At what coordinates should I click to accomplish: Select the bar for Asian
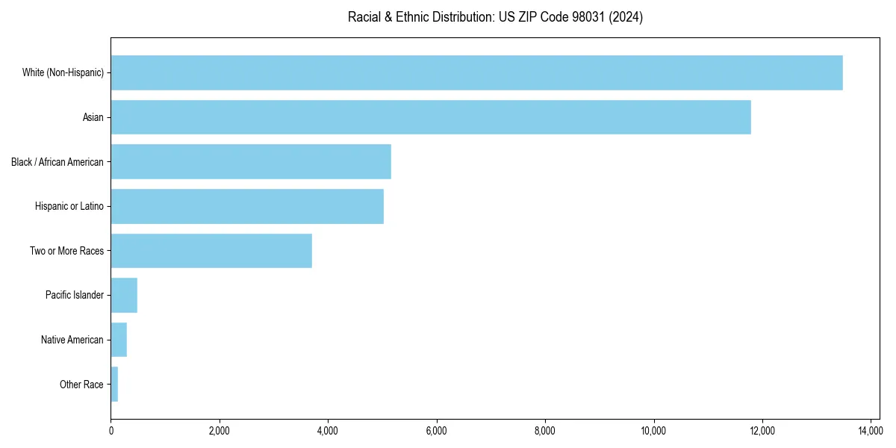(x=431, y=117)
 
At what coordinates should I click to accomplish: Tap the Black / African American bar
(x=251, y=161)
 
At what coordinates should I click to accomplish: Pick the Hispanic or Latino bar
(x=247, y=206)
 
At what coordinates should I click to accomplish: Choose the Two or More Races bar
(x=211, y=251)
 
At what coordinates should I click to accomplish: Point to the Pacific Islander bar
(x=124, y=295)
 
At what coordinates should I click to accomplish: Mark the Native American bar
(x=119, y=340)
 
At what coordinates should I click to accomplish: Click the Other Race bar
(x=114, y=384)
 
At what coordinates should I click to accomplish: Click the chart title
(x=495, y=17)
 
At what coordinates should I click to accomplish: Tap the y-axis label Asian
(x=93, y=117)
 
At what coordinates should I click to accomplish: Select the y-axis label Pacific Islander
(x=75, y=295)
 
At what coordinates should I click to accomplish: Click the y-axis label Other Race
(x=81, y=385)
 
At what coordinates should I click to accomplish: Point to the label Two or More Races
(x=66, y=251)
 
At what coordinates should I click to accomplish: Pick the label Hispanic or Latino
(x=69, y=206)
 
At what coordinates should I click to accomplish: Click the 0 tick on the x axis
(x=111, y=430)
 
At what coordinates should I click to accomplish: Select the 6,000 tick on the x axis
(x=437, y=430)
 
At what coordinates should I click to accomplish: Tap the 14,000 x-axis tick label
(x=871, y=430)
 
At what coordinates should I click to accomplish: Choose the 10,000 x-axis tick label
(x=653, y=430)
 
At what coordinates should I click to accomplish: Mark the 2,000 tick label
(x=220, y=430)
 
